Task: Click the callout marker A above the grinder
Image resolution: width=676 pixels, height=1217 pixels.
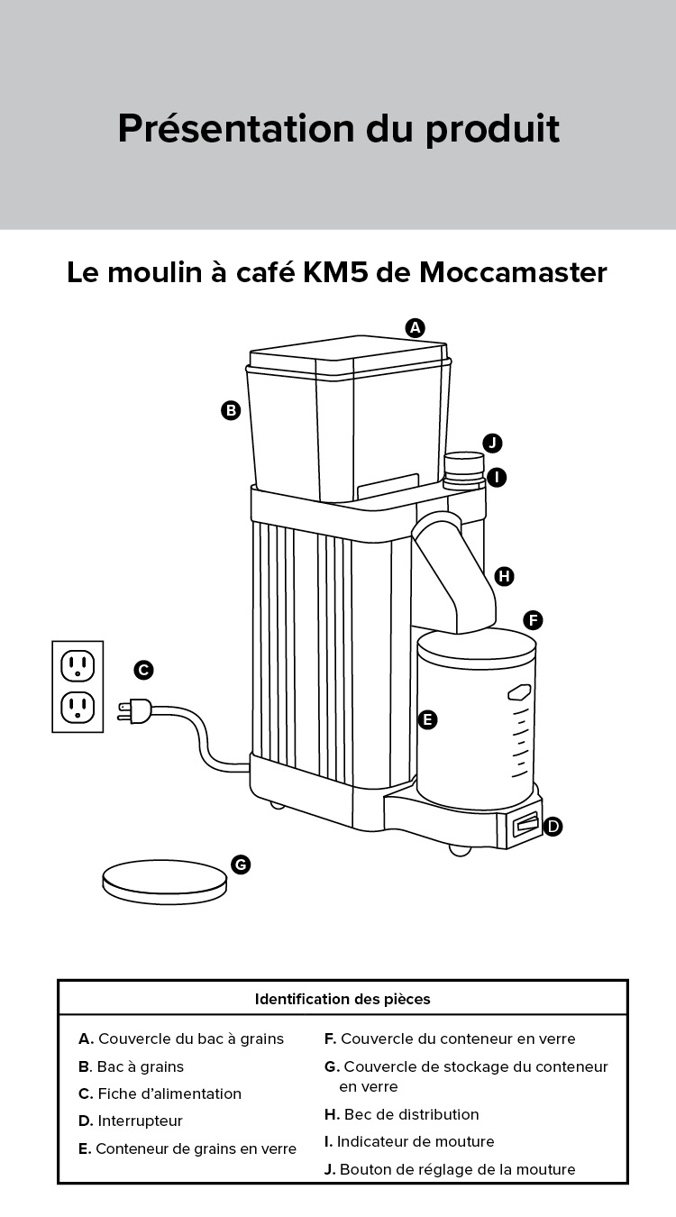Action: click(415, 328)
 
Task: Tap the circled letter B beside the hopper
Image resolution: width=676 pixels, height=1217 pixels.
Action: click(231, 410)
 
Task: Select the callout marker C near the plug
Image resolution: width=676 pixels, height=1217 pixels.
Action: click(143, 670)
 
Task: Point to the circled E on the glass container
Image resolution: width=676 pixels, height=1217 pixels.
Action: click(428, 719)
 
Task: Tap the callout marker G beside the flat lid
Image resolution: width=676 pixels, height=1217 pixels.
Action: click(240, 865)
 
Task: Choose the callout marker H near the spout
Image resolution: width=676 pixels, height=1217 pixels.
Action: click(504, 576)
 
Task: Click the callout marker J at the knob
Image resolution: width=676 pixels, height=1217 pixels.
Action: click(491, 443)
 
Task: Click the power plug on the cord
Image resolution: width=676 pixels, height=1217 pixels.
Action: click(136, 711)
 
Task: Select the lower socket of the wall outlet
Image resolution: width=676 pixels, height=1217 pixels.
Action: click(78, 707)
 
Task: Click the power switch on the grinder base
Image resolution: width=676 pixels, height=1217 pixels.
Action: click(525, 825)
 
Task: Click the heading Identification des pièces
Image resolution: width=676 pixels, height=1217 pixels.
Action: click(343, 999)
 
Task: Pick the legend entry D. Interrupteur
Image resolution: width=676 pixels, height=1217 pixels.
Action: click(131, 1121)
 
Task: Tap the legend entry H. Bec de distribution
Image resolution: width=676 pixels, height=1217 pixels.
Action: click(401, 1114)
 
